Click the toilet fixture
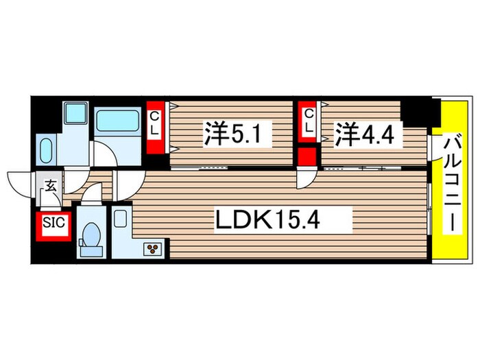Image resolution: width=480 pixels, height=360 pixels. pos(90,235)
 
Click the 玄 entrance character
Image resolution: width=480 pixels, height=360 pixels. pos(51,184)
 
